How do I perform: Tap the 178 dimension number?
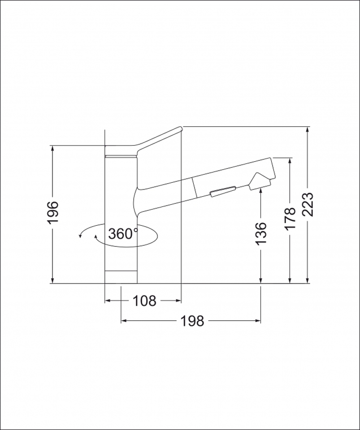point(291,219)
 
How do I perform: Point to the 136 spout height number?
point(261,233)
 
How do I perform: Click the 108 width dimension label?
point(145,301)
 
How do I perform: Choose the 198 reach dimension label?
point(192,321)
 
